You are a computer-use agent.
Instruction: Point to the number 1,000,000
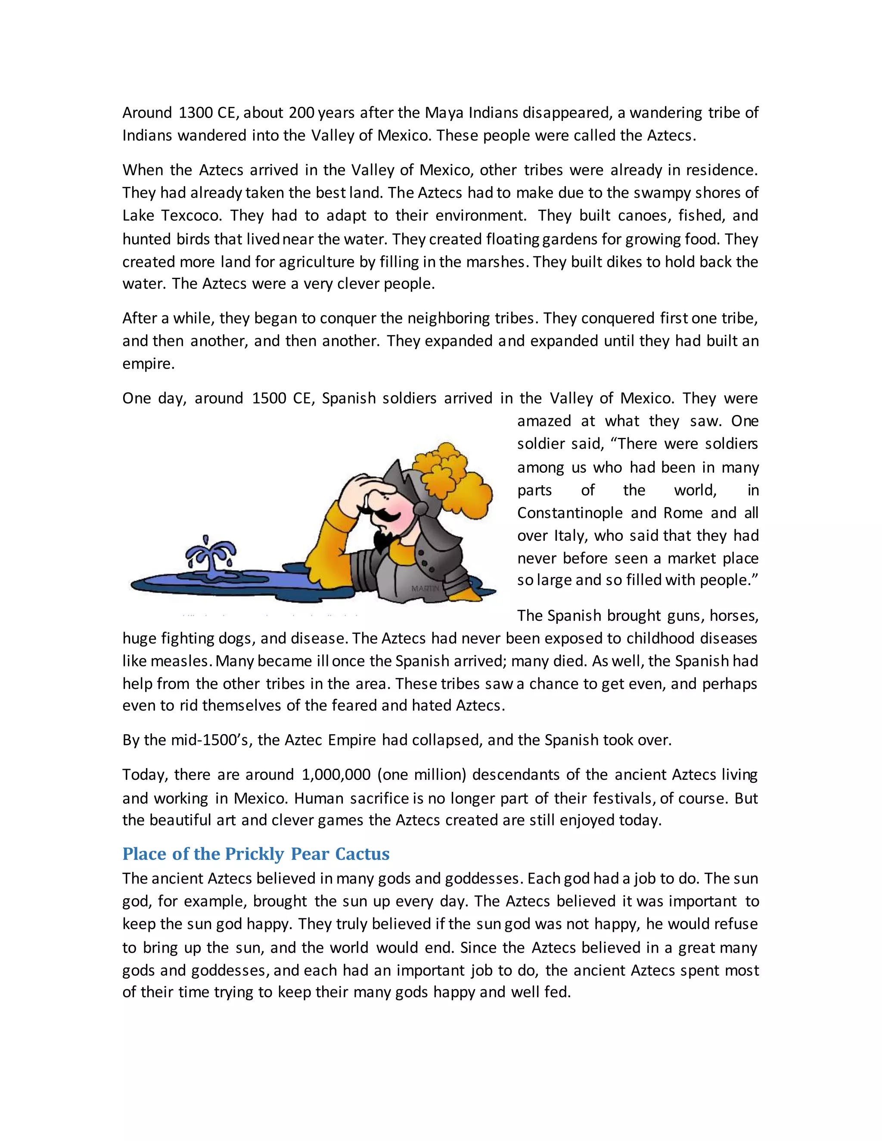[x=336, y=775]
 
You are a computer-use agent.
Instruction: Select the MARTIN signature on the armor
[x=425, y=589]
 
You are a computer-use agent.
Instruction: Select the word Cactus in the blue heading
[x=362, y=854]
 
